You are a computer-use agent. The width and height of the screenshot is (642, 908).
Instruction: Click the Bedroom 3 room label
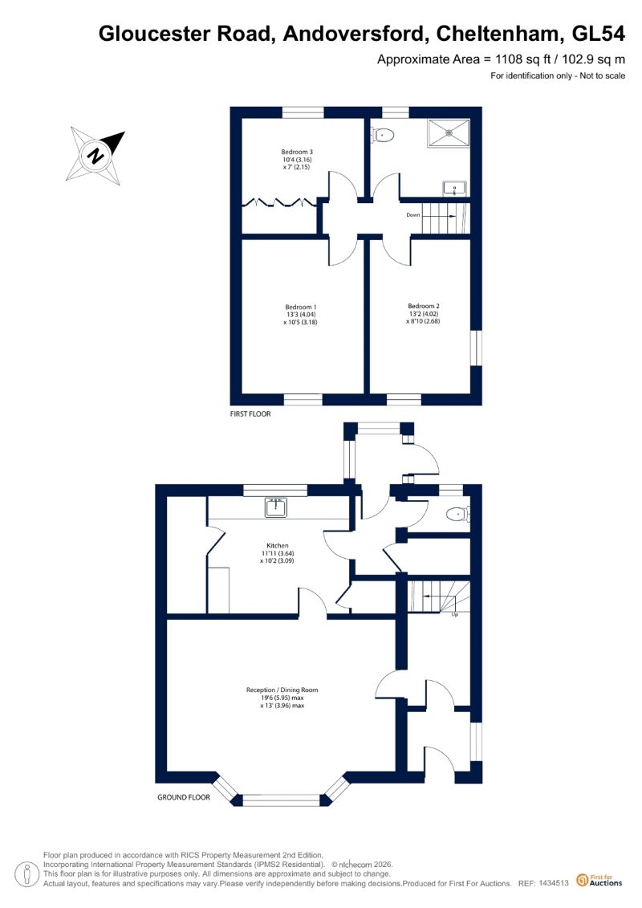[297, 152]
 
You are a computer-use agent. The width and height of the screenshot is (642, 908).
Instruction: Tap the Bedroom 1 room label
[300, 307]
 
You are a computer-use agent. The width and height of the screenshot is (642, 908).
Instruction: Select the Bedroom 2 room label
[424, 306]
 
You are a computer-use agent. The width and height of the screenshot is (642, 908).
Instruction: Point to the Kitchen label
[278, 545]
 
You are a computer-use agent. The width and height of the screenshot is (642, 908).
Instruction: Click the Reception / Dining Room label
[282, 690]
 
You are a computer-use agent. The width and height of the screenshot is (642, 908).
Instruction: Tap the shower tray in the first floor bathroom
[449, 132]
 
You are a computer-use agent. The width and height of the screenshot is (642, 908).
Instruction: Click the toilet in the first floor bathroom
[382, 136]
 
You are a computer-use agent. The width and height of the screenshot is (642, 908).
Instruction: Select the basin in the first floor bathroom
[455, 188]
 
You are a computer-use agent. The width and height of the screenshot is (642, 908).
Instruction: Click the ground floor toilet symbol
[458, 513]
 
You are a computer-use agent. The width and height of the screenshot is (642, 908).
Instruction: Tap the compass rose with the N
[95, 155]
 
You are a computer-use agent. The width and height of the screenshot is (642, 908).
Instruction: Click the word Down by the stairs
[412, 215]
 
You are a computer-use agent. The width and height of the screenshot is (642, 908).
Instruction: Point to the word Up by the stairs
[454, 614]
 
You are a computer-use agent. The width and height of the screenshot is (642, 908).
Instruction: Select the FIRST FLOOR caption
[250, 414]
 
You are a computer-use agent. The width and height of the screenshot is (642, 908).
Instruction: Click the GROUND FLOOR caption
[184, 797]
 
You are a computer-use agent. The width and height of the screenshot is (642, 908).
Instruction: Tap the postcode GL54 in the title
[598, 34]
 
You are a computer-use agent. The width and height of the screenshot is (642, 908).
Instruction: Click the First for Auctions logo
[599, 880]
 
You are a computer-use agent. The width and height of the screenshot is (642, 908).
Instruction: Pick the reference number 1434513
[554, 883]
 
